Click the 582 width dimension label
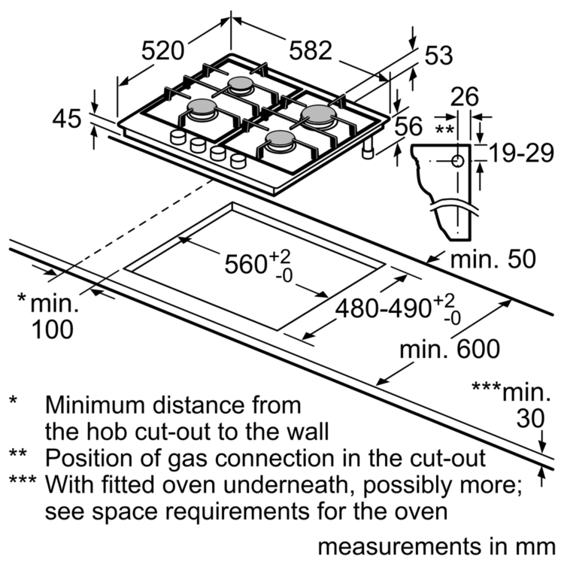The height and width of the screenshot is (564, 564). point(311,50)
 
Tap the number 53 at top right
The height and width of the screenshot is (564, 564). point(439,54)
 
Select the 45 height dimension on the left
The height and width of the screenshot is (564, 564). point(68,118)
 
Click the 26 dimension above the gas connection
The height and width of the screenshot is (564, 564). point(465,96)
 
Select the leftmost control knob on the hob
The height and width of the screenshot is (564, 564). point(178,136)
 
